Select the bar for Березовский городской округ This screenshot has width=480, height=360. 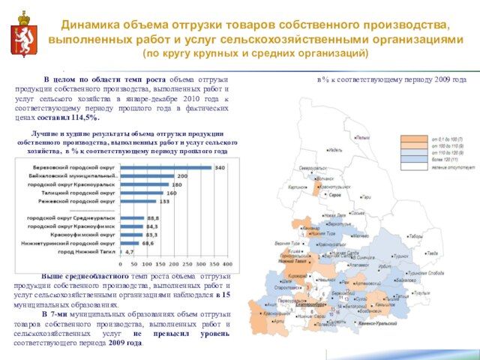[165, 167]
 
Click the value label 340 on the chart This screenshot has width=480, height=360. [220, 167]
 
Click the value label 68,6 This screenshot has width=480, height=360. [148, 243]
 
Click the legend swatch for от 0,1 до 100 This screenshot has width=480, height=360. [413, 139]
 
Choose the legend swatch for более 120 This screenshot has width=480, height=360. [413, 160]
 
